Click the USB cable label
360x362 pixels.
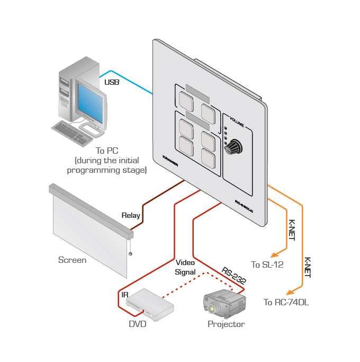pos(112,82)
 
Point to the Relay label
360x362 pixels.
pos(131,215)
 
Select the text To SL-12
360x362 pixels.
pos(267,264)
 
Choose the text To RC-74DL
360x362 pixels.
pos(286,303)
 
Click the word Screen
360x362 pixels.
pos(72,260)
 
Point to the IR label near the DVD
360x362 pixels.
pos(125,293)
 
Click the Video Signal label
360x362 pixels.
pos(185,267)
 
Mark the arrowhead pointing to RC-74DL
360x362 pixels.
pos(290,292)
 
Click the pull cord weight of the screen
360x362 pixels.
pos(130,254)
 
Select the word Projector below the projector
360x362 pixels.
pos(226,324)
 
